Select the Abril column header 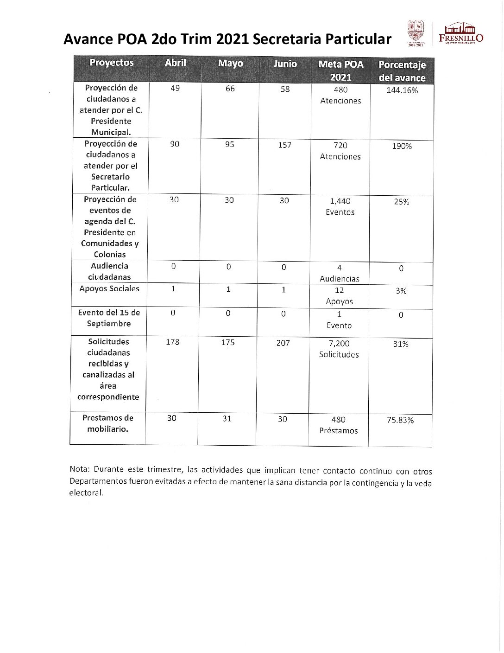[175, 63]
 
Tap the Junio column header [285, 64]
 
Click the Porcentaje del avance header [402, 71]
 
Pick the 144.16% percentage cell [402, 90]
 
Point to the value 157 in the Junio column [284, 145]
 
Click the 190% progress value [402, 146]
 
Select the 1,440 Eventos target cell [340, 206]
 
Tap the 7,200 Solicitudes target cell [339, 349]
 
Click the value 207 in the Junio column [283, 343]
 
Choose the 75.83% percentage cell [400, 420]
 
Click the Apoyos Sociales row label [109, 288]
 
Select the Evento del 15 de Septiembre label [109, 318]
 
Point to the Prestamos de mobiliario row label [108, 423]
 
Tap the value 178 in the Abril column [172, 342]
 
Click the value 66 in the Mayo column [230, 89]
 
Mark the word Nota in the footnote [79, 469]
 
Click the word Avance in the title [88, 39]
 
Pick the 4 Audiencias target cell [340, 273]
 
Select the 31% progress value [401, 344]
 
